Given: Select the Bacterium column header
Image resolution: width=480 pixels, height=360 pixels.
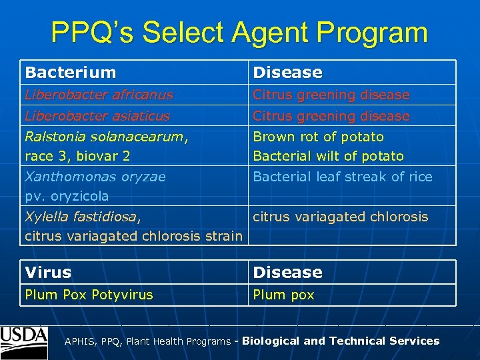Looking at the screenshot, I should [x=70, y=72].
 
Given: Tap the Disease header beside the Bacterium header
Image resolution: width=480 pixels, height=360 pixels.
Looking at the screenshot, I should [x=287, y=72].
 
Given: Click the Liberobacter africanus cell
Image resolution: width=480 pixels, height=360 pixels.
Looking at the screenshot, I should [x=99, y=95].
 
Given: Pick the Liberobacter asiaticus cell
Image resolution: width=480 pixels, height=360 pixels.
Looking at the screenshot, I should [x=97, y=116].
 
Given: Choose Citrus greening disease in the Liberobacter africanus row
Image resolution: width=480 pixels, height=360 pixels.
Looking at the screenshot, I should [x=331, y=95].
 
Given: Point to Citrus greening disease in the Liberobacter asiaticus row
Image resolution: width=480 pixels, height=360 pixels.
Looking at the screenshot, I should [x=331, y=116].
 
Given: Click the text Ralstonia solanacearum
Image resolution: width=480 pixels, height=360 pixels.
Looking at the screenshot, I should [x=105, y=137].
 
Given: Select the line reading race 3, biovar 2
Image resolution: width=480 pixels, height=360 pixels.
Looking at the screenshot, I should [x=77, y=156].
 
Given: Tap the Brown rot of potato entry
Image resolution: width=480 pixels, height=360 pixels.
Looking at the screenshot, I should [x=318, y=137].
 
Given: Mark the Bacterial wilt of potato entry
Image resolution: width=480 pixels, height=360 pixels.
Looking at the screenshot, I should [x=328, y=156].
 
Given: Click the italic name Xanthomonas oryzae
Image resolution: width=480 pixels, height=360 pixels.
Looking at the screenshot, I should [x=95, y=177].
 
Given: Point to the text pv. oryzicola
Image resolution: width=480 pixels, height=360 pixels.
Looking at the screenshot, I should [x=67, y=196].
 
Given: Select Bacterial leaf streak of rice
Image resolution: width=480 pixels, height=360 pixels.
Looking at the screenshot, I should [x=343, y=177].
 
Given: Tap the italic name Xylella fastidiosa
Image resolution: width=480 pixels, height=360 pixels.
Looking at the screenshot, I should [x=81, y=217].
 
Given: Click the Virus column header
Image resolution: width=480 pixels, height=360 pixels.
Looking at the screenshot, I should [x=48, y=272].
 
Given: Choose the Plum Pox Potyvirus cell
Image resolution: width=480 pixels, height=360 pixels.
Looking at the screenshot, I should [x=89, y=295].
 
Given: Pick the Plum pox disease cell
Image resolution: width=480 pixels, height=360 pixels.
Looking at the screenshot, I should [x=283, y=295].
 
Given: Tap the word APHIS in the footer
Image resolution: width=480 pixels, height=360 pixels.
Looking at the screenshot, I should [x=79, y=341].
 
